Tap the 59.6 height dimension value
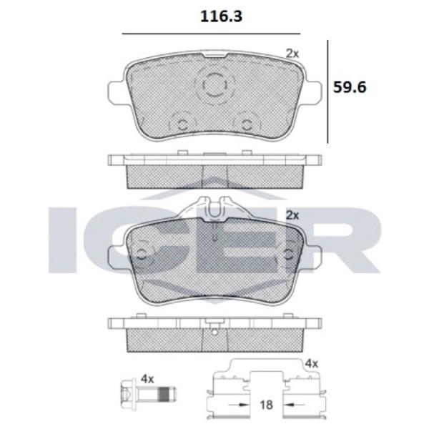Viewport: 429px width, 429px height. point(350,87)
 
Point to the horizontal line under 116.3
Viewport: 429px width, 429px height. point(211,34)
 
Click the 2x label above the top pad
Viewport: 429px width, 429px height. point(292,53)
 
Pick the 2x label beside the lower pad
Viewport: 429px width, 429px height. point(292,214)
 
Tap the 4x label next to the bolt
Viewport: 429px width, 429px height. point(147,379)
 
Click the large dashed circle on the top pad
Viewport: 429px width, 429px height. point(214,85)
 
